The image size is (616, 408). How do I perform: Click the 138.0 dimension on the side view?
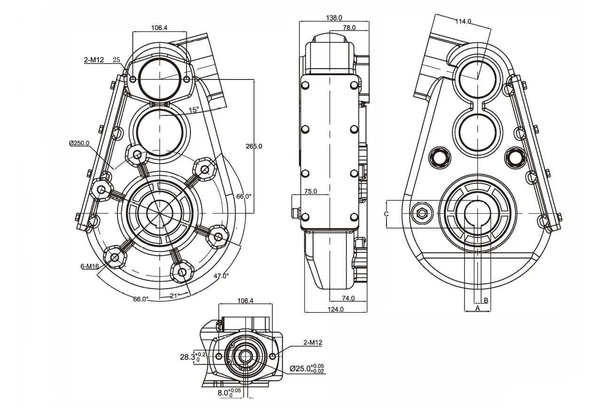pos(334,18)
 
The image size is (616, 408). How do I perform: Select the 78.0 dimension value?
pos(349,28)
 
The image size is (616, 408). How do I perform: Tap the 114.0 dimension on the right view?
pos(463,21)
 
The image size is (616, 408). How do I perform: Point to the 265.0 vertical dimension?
pos(254,146)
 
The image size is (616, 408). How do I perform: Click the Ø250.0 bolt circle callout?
pos(79,143)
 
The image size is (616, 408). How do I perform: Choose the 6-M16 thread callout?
pos(89,267)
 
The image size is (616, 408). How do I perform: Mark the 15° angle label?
pos(193,110)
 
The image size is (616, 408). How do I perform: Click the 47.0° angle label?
pos(221,276)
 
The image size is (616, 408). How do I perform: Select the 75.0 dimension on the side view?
pos(310,191)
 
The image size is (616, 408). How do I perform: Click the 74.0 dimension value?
pos(348,298)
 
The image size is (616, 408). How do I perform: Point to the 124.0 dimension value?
pos(335,309)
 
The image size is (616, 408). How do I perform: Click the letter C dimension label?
pos(386,214)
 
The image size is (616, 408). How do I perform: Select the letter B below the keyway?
pos(486,300)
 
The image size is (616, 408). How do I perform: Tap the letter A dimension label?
pos(477,308)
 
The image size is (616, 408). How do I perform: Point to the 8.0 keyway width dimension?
pos(229,392)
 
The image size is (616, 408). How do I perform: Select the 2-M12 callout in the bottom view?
pos(313,343)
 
